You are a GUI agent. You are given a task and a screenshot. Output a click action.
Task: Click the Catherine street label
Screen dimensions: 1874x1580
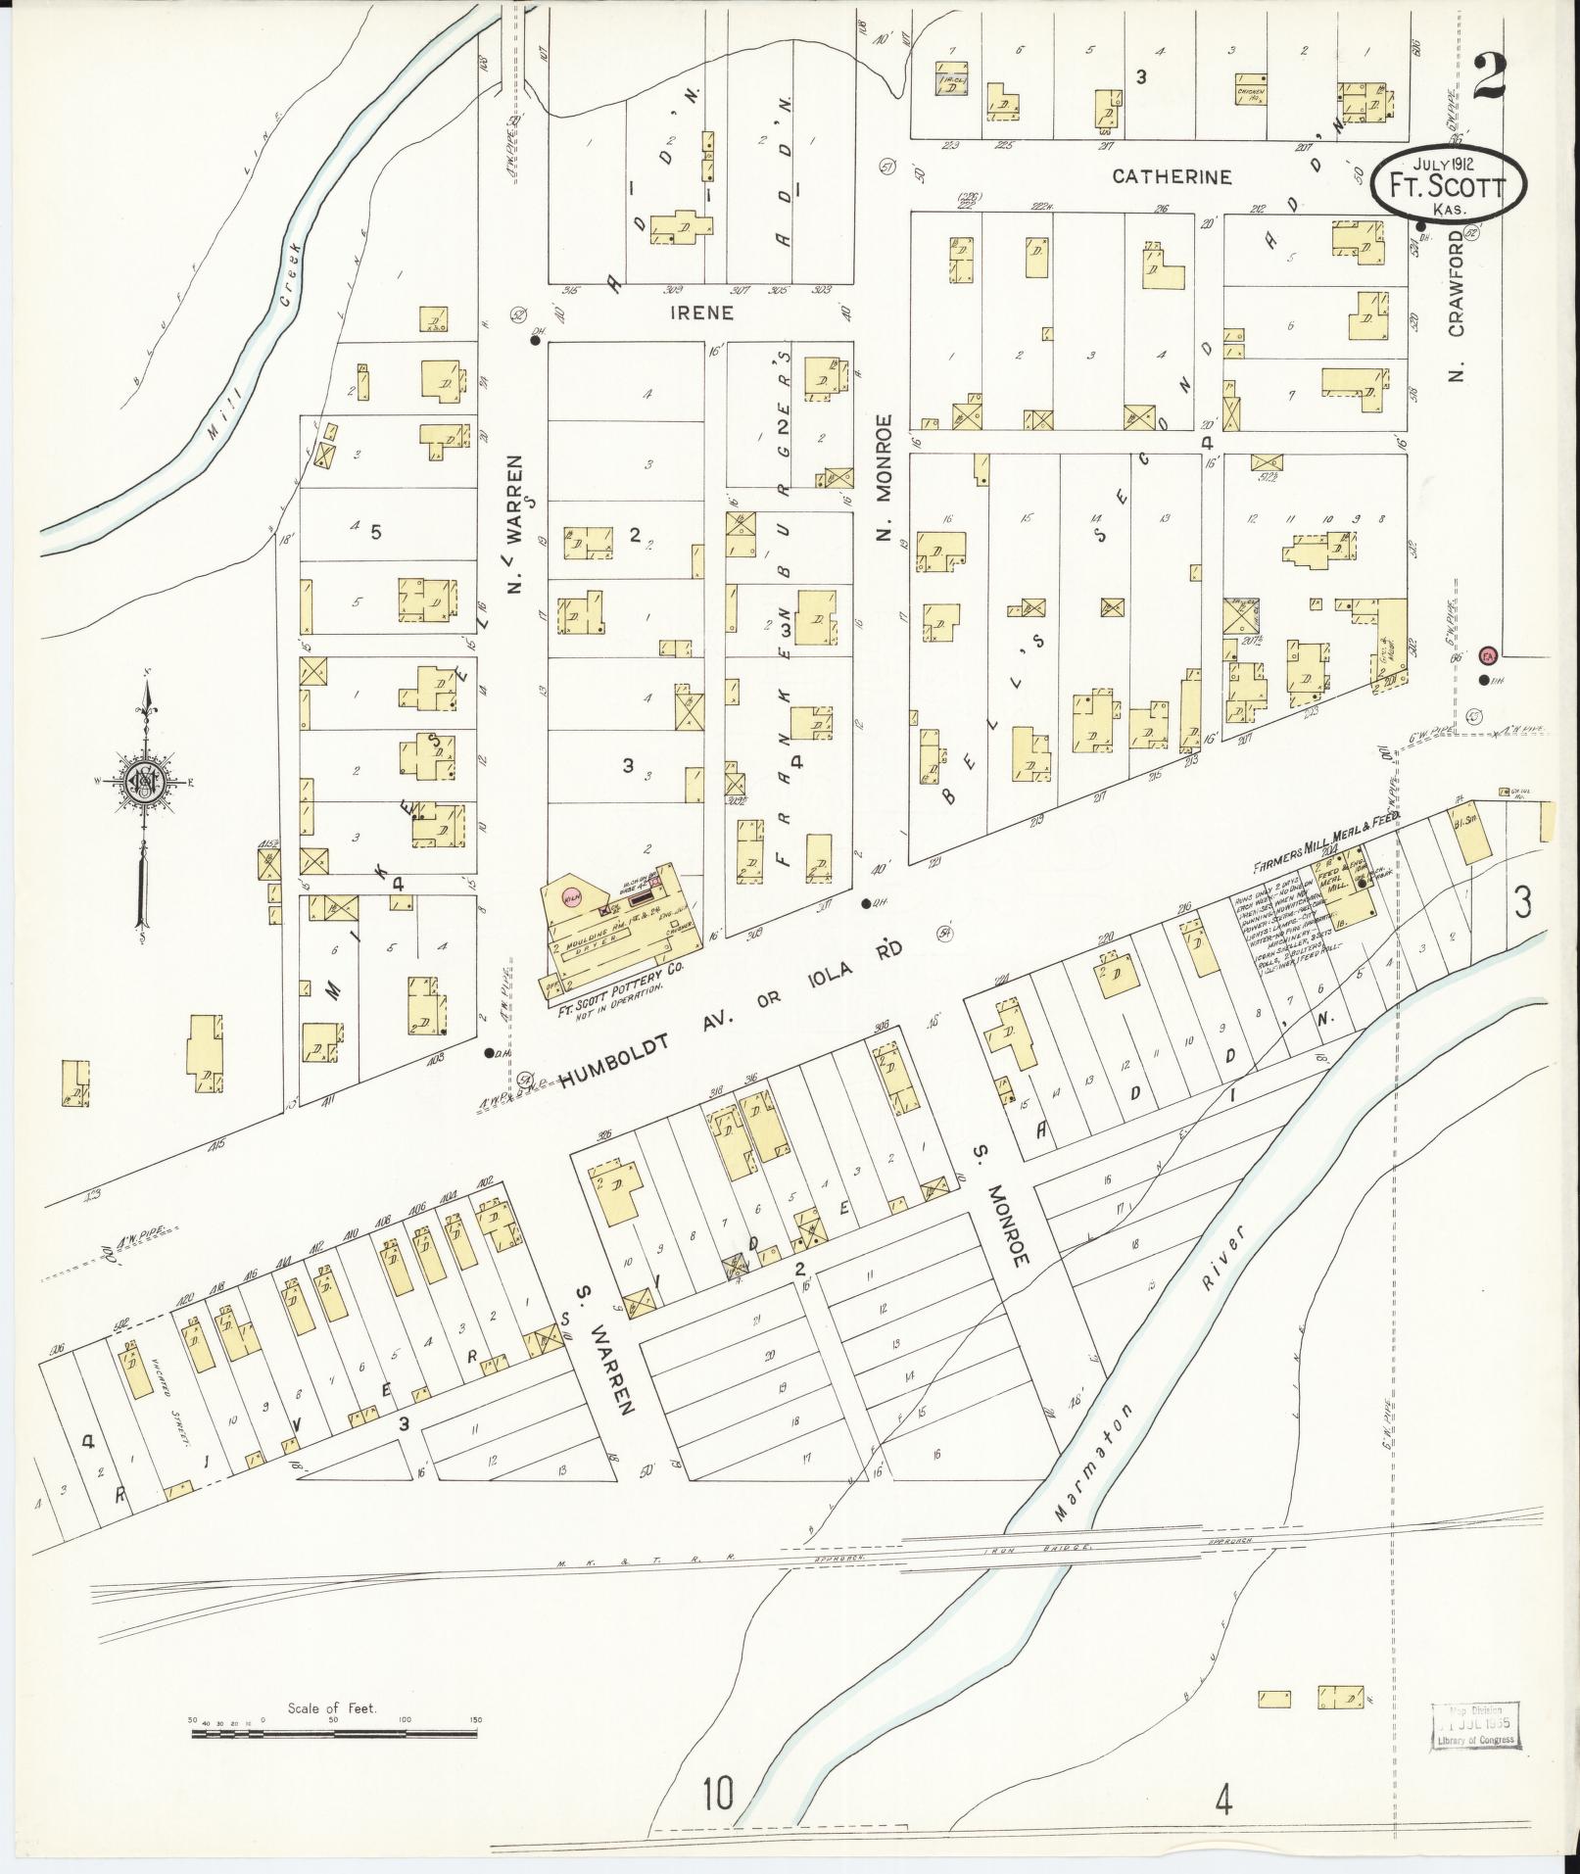click(x=1171, y=177)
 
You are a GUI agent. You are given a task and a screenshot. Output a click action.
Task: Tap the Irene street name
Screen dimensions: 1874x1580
click(x=701, y=313)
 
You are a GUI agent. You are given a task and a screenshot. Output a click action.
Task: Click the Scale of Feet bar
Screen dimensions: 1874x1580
click(x=333, y=1734)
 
